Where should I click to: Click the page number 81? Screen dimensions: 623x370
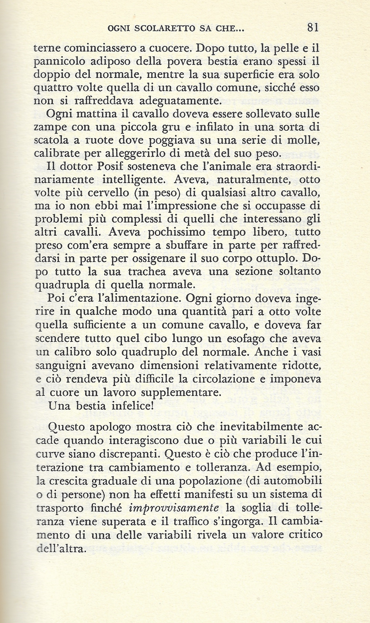313,28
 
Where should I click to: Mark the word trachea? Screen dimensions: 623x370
147,272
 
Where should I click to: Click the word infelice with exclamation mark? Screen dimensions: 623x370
131,405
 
